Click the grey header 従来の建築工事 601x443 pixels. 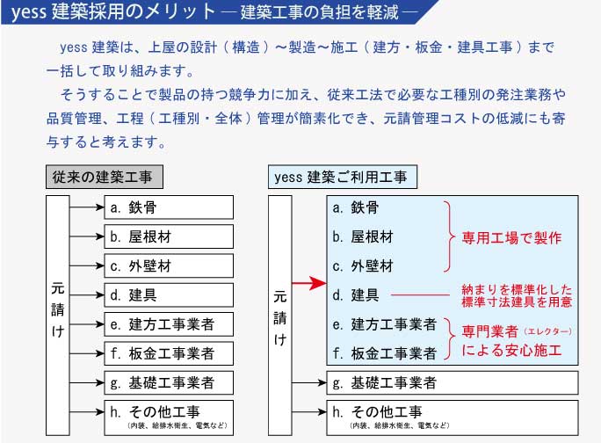(x=105, y=177)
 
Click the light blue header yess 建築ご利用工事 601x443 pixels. (x=343, y=177)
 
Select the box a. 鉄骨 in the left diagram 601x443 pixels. (x=169, y=207)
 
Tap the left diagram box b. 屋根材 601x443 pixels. (x=169, y=236)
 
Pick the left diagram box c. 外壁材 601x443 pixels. (x=169, y=265)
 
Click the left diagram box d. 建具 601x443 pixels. (x=169, y=295)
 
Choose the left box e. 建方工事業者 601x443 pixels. (x=169, y=324)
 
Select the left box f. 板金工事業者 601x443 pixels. (x=169, y=353)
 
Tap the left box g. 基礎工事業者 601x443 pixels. (x=169, y=382)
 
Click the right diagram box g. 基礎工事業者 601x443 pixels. (x=453, y=382)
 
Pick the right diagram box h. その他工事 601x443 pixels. (x=453, y=418)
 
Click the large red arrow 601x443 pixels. (x=309, y=283)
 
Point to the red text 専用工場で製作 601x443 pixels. (x=511, y=238)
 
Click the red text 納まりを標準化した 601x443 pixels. (x=517, y=289)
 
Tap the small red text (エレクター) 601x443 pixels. (x=547, y=331)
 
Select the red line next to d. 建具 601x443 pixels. (x=420, y=295)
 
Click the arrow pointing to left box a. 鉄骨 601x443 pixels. (x=87, y=207)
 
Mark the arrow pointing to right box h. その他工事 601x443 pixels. (x=309, y=412)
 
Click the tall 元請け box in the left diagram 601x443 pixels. (x=57, y=316)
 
